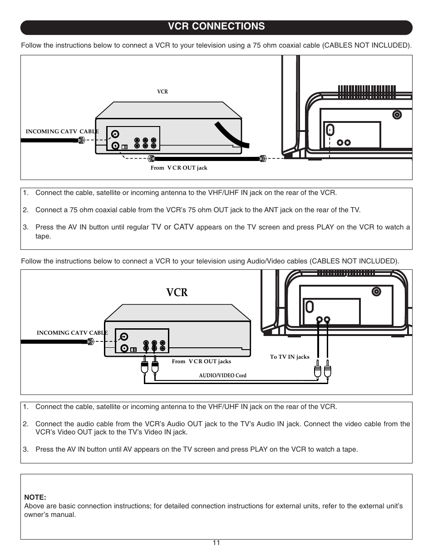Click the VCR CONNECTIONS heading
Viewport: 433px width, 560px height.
tap(216, 27)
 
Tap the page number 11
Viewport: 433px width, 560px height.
tap(216, 543)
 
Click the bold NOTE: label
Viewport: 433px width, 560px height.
tap(35, 497)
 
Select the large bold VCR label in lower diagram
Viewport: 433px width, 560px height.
tap(177, 292)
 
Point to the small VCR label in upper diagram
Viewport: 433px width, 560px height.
tap(162, 92)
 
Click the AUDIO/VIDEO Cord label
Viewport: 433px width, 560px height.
tap(222, 375)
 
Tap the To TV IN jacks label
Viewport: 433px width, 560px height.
tap(290, 357)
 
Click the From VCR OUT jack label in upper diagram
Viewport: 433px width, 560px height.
tap(179, 168)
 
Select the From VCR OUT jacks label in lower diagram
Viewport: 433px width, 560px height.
tap(201, 361)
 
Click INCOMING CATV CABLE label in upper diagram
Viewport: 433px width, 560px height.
tap(62, 131)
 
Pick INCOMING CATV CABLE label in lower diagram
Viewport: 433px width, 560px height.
tap(72, 333)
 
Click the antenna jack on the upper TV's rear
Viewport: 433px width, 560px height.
tap(397, 115)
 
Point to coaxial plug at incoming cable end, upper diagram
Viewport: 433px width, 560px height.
tap(81, 141)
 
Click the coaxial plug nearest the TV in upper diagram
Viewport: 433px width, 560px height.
tap(262, 158)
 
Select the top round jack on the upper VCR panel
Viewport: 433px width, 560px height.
tap(116, 134)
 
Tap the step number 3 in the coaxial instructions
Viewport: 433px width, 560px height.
tap(25, 227)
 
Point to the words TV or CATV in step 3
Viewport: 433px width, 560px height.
tap(172, 227)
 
